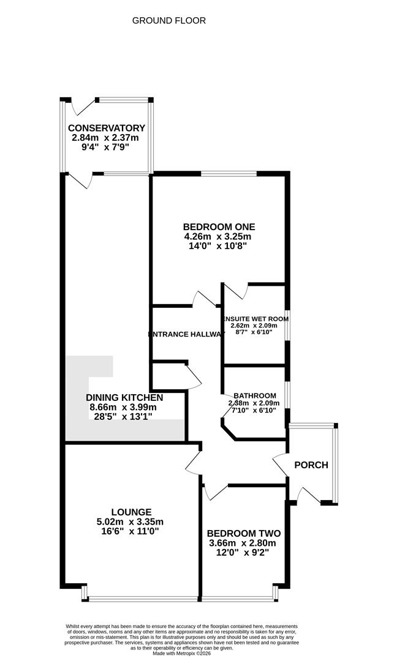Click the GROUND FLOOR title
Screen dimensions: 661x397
click(169, 21)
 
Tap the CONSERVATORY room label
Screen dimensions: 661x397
click(107, 128)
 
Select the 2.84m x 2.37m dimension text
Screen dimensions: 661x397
click(107, 138)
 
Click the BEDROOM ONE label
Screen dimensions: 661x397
click(219, 226)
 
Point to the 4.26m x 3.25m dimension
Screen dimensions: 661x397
click(219, 236)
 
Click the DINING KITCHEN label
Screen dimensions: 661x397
click(124, 397)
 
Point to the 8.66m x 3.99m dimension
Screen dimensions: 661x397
click(124, 407)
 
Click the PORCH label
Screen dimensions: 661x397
click(311, 465)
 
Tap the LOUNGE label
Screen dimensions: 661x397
click(131, 512)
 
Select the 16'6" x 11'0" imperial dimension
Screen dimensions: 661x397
click(131, 531)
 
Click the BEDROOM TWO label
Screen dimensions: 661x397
click(244, 533)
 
